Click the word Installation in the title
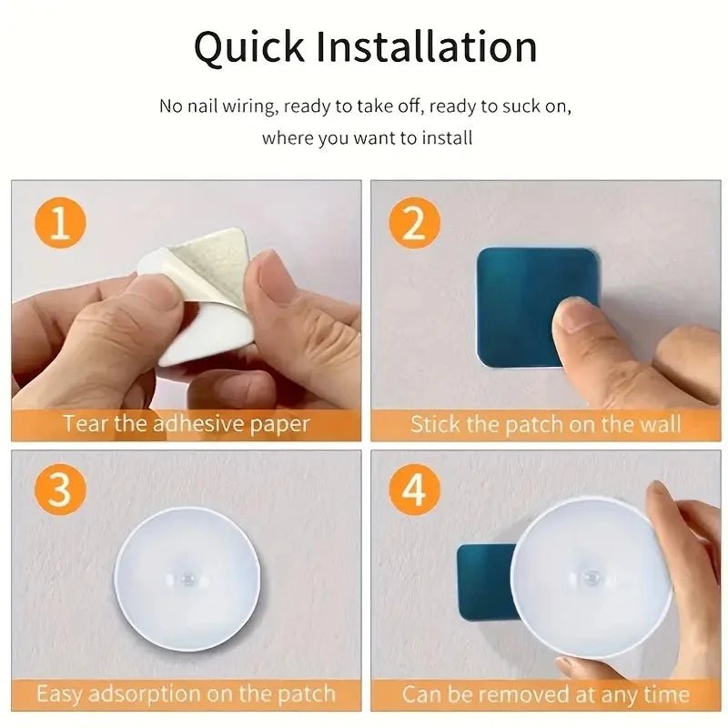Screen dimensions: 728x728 tap(425, 47)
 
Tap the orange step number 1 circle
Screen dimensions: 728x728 tap(60, 223)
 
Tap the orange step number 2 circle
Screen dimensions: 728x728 tap(414, 223)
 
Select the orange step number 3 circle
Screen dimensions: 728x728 tap(60, 490)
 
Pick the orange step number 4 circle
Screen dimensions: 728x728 tap(414, 490)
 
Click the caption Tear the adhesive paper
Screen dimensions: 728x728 tap(187, 424)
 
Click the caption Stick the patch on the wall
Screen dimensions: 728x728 tap(545, 424)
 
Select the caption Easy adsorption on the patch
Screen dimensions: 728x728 tap(187, 694)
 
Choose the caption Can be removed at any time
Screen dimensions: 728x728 tap(545, 694)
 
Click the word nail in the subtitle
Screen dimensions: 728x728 tap(203, 106)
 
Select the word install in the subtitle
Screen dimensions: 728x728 tap(448, 139)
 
